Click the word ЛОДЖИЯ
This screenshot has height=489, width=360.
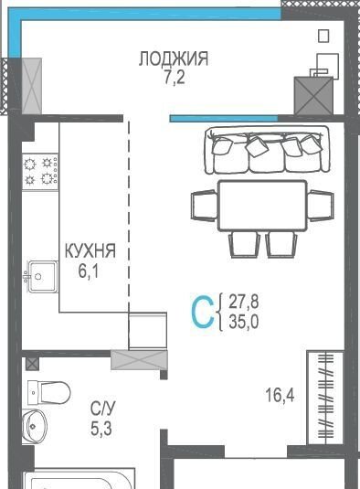[174, 58]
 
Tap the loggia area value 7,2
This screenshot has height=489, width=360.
[175, 78]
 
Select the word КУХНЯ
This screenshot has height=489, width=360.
[90, 250]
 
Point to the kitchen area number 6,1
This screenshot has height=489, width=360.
[89, 271]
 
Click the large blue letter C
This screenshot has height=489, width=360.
[203, 313]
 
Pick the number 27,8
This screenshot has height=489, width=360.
[244, 302]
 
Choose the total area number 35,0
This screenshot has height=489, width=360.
[244, 322]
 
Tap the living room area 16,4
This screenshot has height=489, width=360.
[280, 395]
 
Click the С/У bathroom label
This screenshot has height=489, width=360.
[103, 409]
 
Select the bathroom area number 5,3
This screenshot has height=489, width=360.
[101, 429]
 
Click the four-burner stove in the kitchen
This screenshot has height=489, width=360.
[40, 172]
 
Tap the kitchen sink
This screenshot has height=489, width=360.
[43, 276]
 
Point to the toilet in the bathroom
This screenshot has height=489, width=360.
[49, 392]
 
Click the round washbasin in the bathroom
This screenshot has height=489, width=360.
[35, 426]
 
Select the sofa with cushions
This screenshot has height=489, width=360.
[267, 150]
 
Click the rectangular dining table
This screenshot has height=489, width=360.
[262, 206]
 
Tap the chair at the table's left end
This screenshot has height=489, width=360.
[205, 206]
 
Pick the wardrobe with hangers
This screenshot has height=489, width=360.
[325, 398]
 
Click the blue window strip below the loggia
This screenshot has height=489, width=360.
[224, 119]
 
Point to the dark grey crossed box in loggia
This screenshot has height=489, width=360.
[314, 96]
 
